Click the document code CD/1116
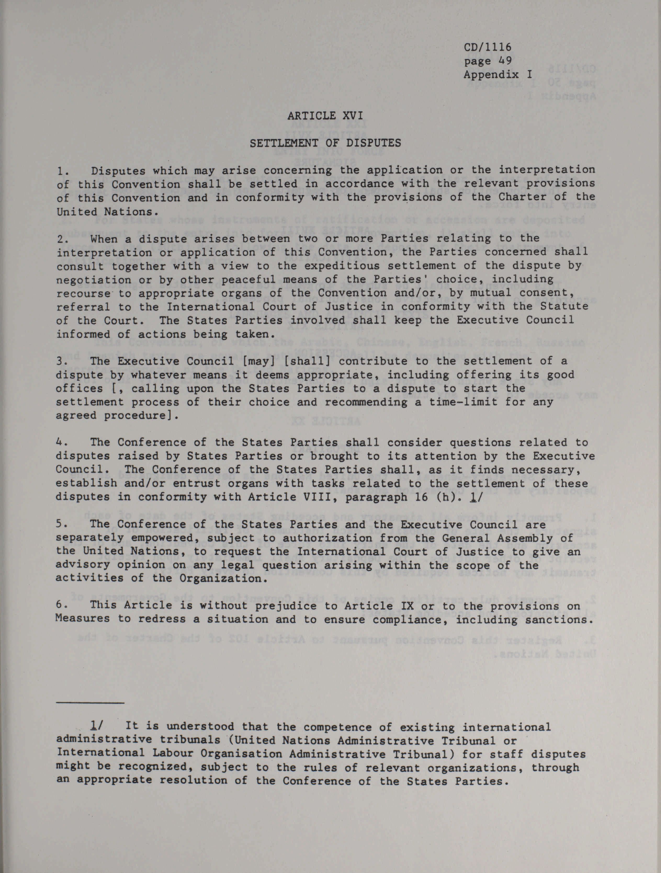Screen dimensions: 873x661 pos(487,47)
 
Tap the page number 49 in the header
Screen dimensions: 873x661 pos(505,61)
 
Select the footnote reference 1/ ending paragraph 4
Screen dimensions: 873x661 pos(474,497)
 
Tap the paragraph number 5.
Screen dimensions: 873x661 pos(60,524)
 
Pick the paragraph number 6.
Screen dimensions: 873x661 pos(60,606)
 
